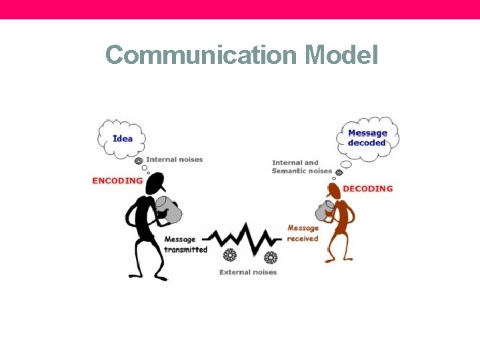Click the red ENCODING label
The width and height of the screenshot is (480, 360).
(117, 181)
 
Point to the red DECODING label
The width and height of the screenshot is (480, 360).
(368, 189)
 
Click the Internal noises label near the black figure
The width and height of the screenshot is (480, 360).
(174, 159)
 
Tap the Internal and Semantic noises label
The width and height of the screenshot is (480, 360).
(301, 167)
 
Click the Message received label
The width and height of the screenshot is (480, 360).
(303, 233)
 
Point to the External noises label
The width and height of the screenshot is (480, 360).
(248, 272)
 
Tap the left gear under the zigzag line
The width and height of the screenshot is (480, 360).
(230, 255)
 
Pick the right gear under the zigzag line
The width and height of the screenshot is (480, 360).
(270, 257)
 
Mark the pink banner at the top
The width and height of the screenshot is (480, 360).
(240, 9)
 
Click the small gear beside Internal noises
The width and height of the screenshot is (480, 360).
(139, 161)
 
